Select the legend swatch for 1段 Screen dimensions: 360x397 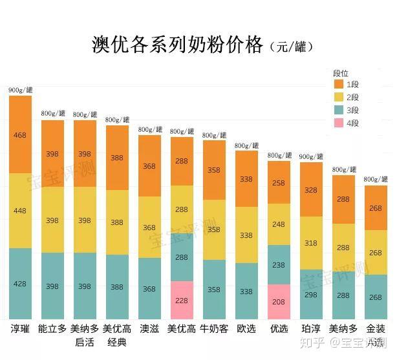click(x=338, y=84)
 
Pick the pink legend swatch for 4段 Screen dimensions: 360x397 click(x=338, y=123)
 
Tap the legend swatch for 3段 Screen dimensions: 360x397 click(x=338, y=110)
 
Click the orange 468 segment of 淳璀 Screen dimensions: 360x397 click(x=20, y=135)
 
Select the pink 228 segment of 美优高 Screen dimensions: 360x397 click(x=182, y=300)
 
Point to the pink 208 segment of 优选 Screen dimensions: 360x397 click(x=279, y=302)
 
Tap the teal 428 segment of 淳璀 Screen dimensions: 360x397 click(x=20, y=284)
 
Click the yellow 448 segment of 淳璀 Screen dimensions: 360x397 click(x=20, y=211)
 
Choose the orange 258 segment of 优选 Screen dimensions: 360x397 click(x=279, y=182)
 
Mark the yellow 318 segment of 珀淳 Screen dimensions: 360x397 click(x=311, y=243)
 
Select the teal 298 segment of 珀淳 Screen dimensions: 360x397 click(x=311, y=294)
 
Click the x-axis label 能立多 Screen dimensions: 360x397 click(x=52, y=329)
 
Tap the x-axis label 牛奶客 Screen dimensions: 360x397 click(x=214, y=329)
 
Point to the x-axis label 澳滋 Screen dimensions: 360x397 click(x=149, y=329)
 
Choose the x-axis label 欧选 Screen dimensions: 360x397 click(x=246, y=329)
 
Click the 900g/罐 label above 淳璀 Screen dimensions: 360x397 click(x=20, y=90)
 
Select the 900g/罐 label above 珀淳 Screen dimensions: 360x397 click(x=311, y=156)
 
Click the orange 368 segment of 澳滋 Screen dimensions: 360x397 click(x=149, y=166)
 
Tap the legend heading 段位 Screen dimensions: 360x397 click(x=340, y=73)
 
